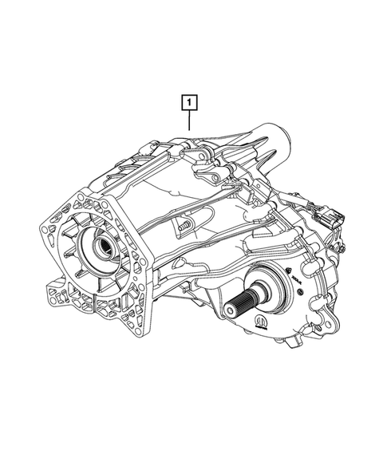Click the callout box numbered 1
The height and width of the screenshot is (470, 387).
pyautogui.click(x=189, y=102)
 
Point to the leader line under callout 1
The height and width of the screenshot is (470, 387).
pyautogui.click(x=189, y=120)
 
